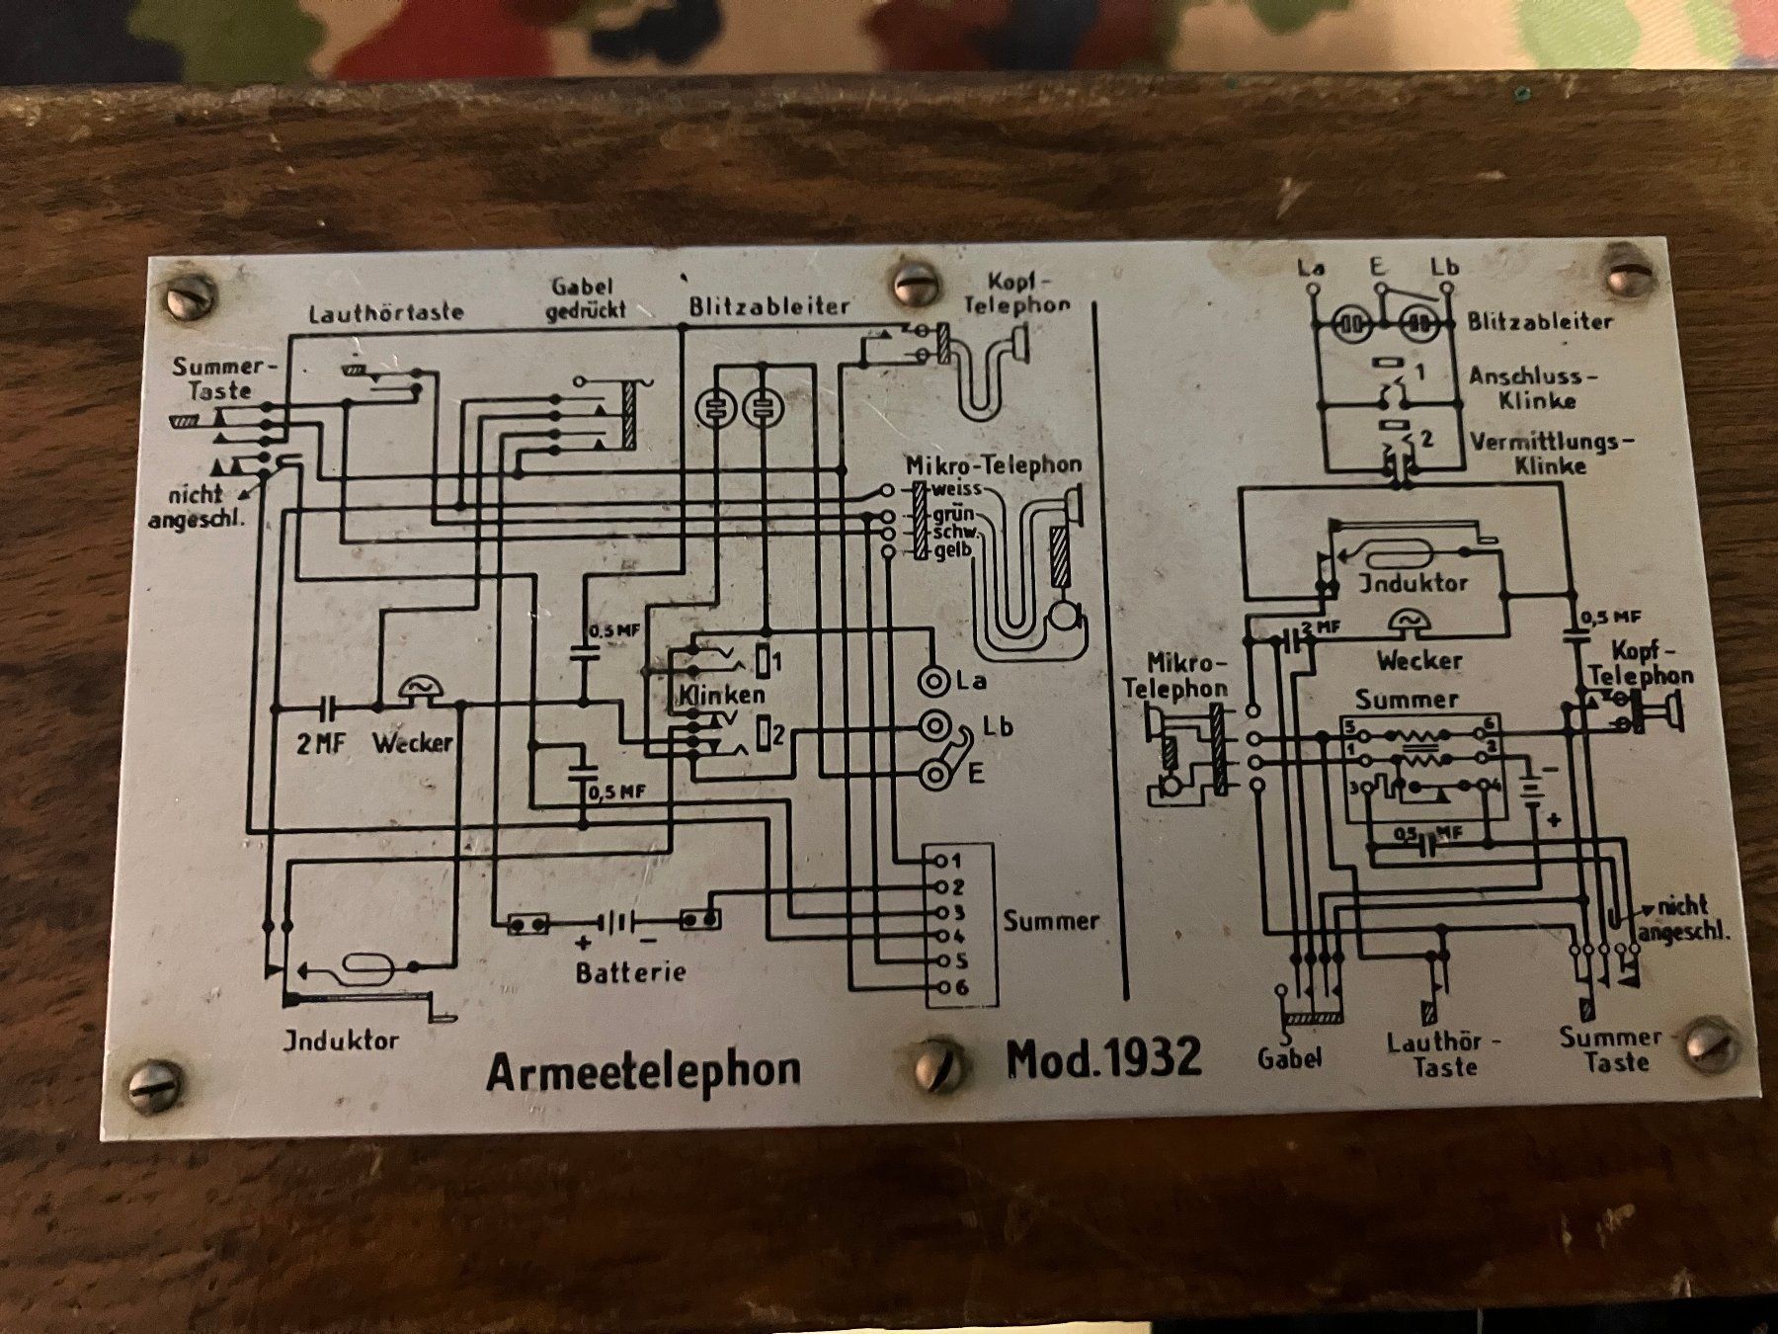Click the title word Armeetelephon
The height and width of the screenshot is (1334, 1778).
(x=643, y=1070)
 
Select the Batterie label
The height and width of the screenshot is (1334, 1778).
(x=631, y=972)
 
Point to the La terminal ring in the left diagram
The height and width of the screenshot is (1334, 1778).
(x=933, y=680)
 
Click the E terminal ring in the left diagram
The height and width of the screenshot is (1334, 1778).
(x=933, y=775)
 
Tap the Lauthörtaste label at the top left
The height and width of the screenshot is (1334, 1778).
(x=386, y=313)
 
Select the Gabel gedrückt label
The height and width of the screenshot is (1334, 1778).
(x=589, y=297)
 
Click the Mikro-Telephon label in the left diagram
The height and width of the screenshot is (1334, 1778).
(x=994, y=464)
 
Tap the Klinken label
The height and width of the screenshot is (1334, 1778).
(x=721, y=695)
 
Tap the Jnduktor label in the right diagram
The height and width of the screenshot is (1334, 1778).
(x=1413, y=583)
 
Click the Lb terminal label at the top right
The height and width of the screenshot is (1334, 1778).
(x=1444, y=267)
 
